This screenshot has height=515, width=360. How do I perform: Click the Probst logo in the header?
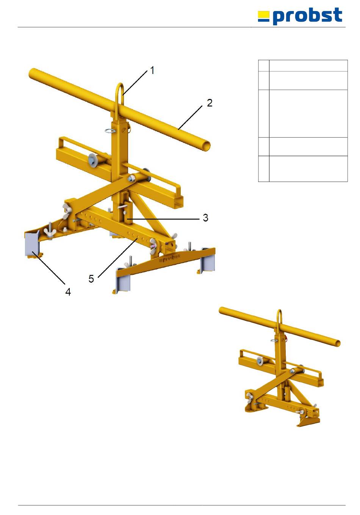(300, 16)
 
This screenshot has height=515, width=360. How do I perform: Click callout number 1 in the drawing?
(152, 70)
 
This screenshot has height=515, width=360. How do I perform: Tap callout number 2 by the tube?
(210, 103)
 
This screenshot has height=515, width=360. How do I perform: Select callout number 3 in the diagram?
(205, 218)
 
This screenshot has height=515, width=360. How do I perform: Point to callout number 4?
(68, 292)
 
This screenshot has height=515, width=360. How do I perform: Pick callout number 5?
(91, 279)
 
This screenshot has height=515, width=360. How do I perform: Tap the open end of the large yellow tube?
(207, 146)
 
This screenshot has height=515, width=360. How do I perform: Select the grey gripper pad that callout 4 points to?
(32, 244)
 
